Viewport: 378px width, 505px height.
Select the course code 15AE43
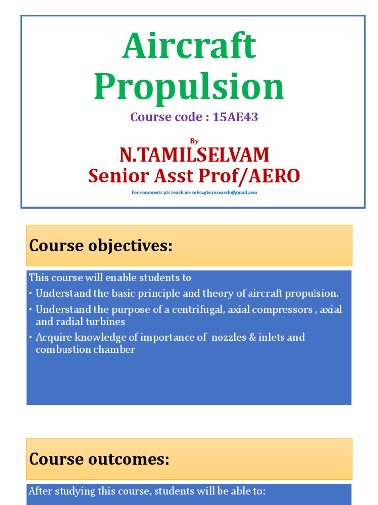[x=235, y=117]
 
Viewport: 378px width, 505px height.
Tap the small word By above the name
[x=194, y=141]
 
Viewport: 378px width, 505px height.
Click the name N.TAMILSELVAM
[x=194, y=155]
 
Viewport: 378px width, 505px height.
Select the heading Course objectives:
[x=101, y=246]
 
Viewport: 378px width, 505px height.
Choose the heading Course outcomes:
[x=99, y=459]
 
